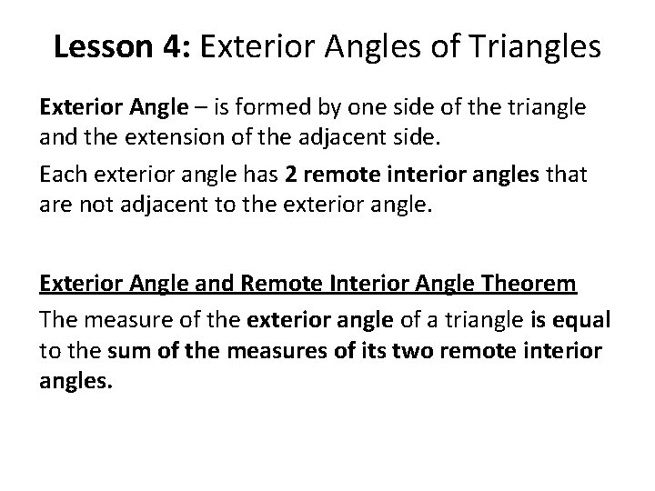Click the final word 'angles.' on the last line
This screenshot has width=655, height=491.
pos(76,383)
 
